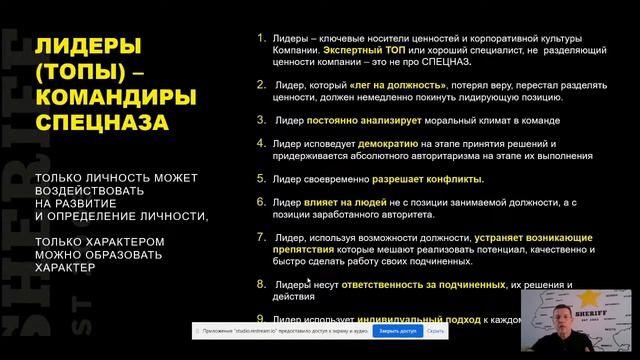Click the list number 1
pos(261,38)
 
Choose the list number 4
pos(261,144)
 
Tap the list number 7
pos(261,237)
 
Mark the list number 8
pos(261,284)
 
